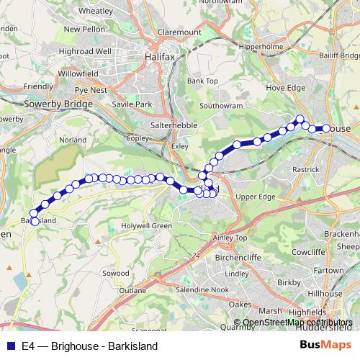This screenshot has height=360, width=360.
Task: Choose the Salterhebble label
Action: [x=153, y=125]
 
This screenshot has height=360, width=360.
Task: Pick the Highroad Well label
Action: [x=85, y=52]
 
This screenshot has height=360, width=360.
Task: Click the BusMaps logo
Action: [x=325, y=345]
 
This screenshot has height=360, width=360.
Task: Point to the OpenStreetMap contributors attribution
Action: [x=297, y=323]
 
